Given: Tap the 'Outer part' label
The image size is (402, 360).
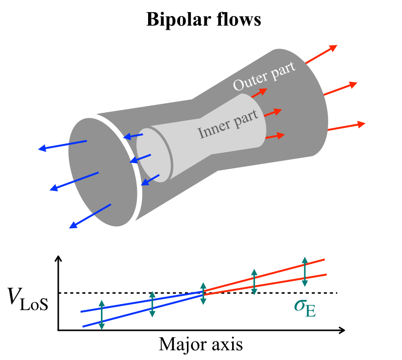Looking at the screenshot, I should [x=264, y=76].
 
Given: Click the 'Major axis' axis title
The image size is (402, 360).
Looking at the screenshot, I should [x=201, y=345].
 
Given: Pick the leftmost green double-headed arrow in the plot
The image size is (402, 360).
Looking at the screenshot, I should [x=101, y=315].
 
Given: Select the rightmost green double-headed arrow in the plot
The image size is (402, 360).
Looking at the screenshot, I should [x=304, y=272].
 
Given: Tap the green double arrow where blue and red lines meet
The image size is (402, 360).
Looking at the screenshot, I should [x=203, y=293].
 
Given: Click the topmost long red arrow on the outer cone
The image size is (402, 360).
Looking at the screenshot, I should [x=320, y=54].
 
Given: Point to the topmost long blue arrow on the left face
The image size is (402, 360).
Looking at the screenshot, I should [x=63, y=145].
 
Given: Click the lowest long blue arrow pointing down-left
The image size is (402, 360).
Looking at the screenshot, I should [x=91, y=215].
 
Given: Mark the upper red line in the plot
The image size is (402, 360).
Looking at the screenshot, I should [x=265, y=276].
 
